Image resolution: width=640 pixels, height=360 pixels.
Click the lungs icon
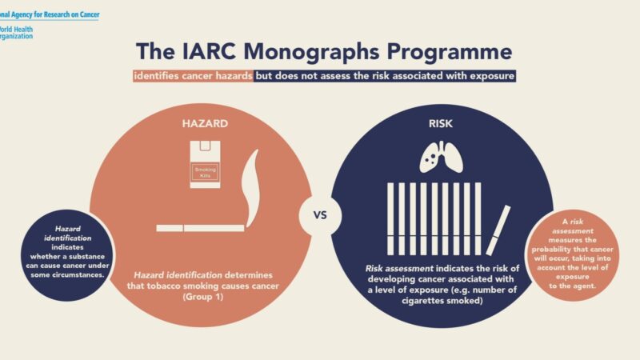coord(442,157)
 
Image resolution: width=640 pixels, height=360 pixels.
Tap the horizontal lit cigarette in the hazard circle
coord(200,228)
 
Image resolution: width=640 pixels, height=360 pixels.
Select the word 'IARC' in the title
coord(197,50)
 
